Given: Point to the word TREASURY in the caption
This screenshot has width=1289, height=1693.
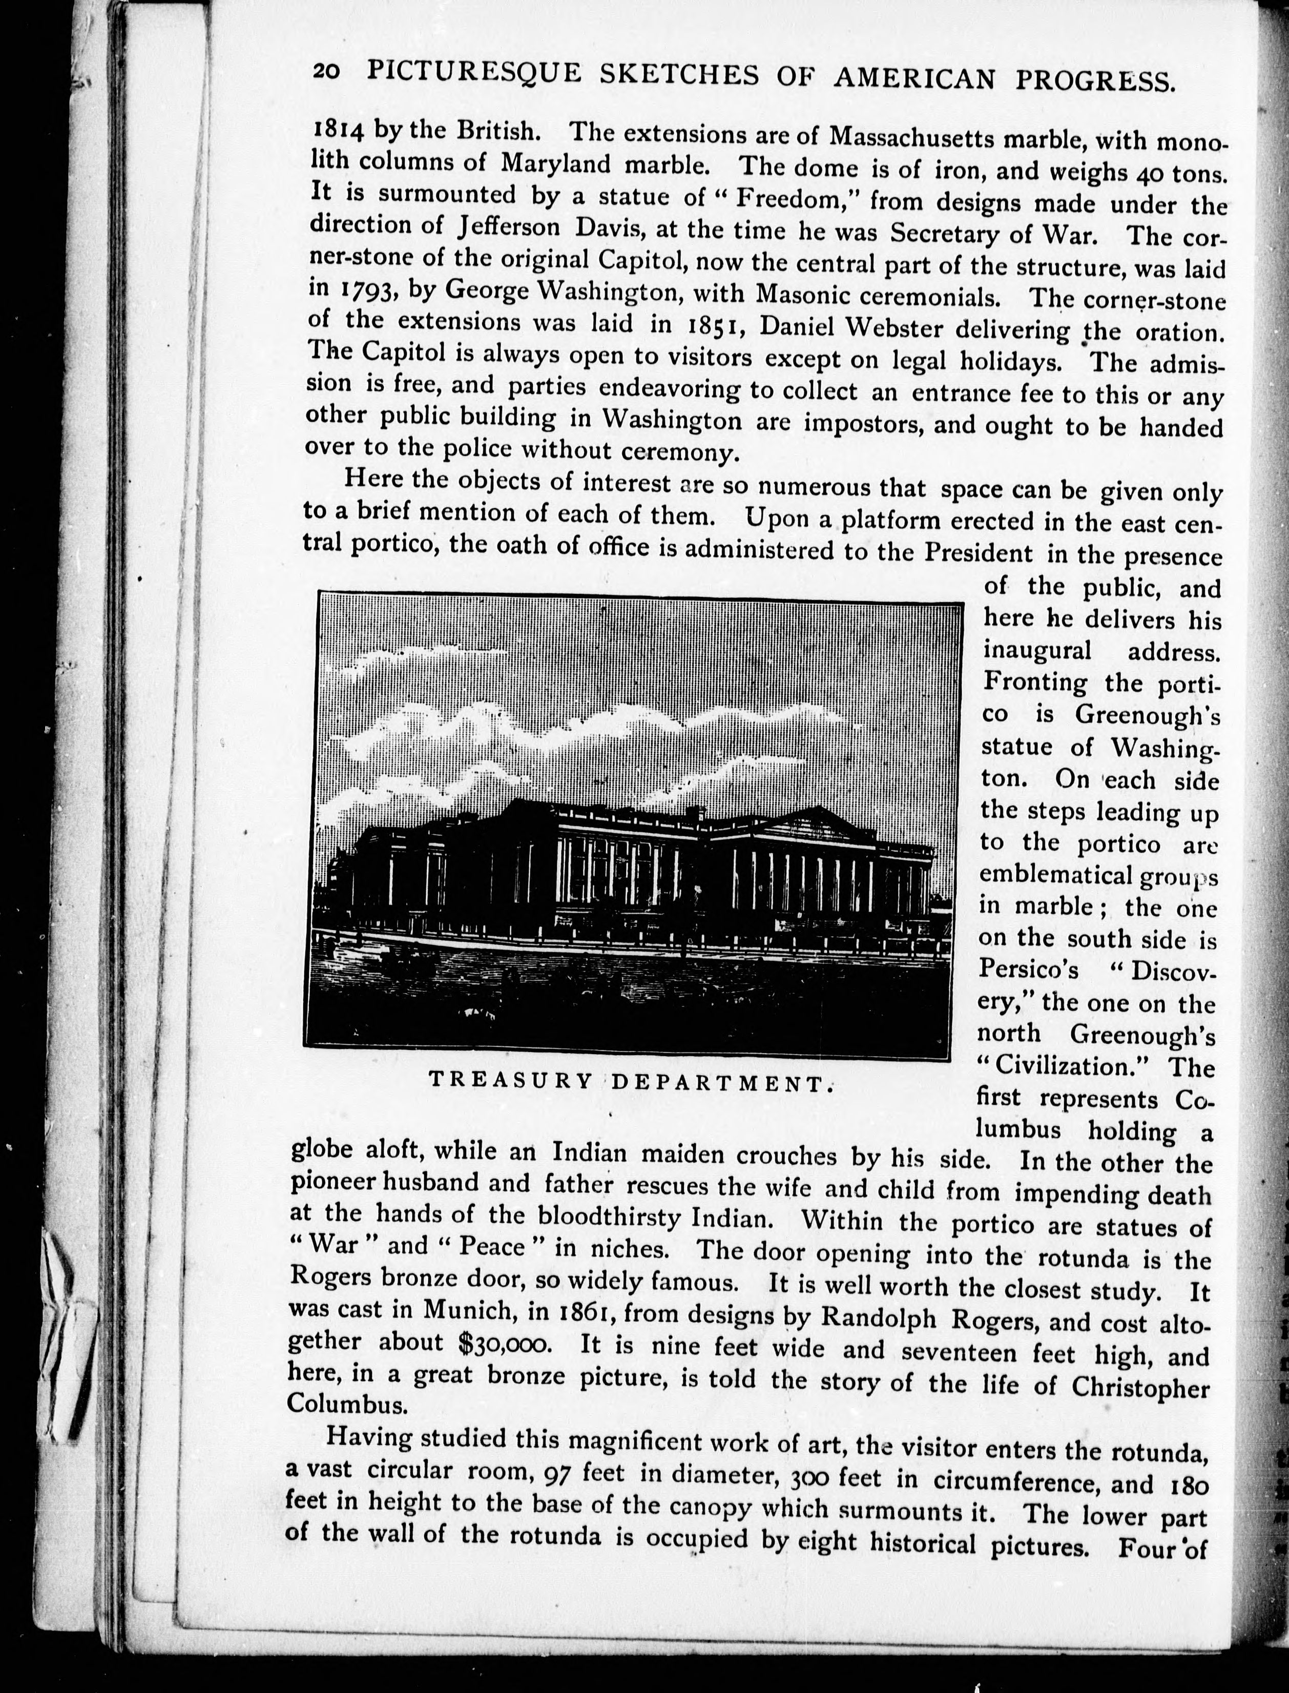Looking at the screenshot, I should (x=511, y=1081).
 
